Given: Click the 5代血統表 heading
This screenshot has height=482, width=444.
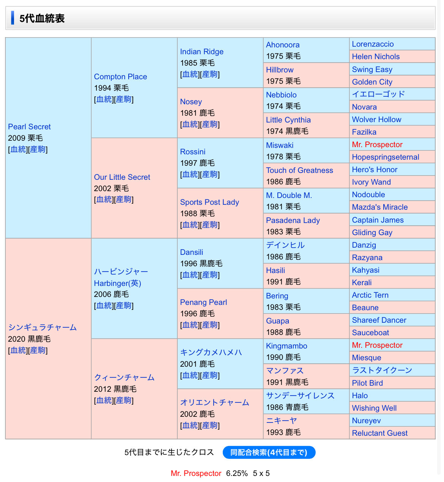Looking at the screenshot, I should point(42,19).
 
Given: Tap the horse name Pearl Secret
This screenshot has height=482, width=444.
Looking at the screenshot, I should point(29,127).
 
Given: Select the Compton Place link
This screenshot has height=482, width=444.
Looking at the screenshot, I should point(120,77).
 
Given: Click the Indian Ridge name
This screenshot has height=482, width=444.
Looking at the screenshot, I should point(202,52).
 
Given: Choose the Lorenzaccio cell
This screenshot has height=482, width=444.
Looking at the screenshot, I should point(373,44).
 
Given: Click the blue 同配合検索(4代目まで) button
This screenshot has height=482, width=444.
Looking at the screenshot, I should point(269,452).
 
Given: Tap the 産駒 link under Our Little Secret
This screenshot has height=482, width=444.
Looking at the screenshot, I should point(123,199).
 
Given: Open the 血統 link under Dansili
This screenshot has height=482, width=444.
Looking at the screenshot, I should point(190,275).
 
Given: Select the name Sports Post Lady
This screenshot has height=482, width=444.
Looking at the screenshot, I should point(209,202).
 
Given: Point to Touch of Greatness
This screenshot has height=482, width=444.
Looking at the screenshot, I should point(299,170).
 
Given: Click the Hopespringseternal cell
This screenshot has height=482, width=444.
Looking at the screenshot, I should point(385,157).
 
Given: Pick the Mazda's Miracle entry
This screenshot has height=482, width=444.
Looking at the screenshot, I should point(379,207).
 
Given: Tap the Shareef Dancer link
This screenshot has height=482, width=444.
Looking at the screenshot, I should point(379,320).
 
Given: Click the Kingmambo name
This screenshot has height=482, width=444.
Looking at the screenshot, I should point(287,346).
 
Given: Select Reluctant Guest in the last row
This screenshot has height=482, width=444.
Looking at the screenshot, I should point(379,433).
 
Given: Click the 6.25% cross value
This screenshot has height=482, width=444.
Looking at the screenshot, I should point(237,473).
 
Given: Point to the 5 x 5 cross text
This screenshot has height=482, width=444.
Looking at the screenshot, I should point(261,473).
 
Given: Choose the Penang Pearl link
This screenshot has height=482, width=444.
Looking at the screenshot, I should point(203,302).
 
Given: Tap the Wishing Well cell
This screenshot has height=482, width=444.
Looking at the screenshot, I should point(374,408).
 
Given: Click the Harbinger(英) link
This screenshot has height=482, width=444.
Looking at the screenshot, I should point(117,283).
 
